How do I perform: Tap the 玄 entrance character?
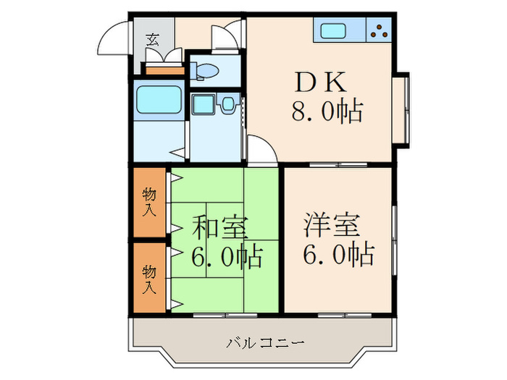pyautogui.click(x=153, y=40)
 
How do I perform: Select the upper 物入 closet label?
pyautogui.click(x=149, y=202)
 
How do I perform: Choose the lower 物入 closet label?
pyautogui.click(x=149, y=279)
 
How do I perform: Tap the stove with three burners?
pyautogui.click(x=379, y=30)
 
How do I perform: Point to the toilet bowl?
pyautogui.click(x=205, y=71)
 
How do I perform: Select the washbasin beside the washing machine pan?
pyautogui.click(x=227, y=104)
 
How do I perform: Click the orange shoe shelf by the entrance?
pyautogui.click(x=166, y=71)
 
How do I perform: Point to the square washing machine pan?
pyautogui.click(x=201, y=105)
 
